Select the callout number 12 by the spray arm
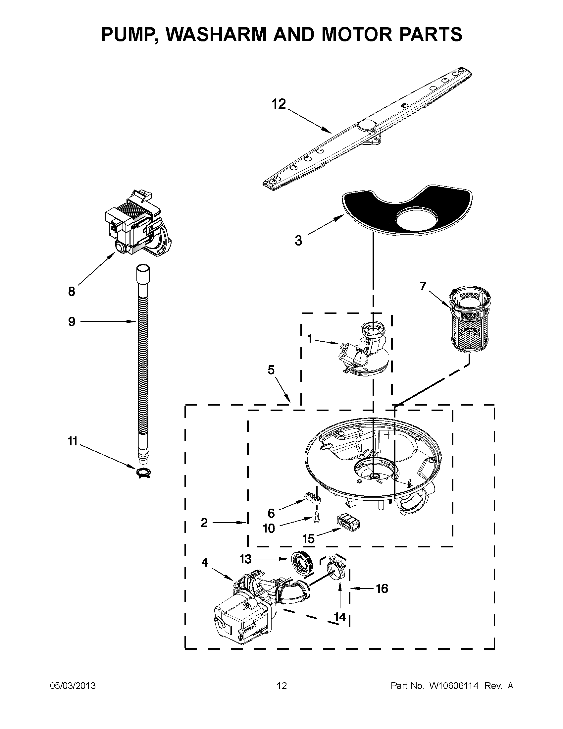click(x=279, y=104)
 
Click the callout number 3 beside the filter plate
click(x=298, y=240)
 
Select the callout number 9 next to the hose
click(x=72, y=322)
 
